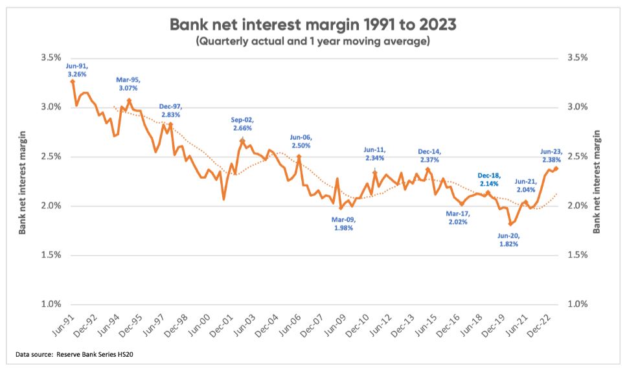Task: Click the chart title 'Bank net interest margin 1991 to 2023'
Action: pyautogui.click(x=313, y=25)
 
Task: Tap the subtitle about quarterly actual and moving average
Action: pyautogui.click(x=313, y=41)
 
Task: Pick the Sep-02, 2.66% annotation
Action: pyautogui.click(x=244, y=124)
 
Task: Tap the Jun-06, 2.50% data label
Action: pyautogui.click(x=301, y=141)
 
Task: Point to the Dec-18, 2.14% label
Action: pyautogui.click(x=490, y=179)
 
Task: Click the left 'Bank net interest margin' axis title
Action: pyautogui.click(x=23, y=181)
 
